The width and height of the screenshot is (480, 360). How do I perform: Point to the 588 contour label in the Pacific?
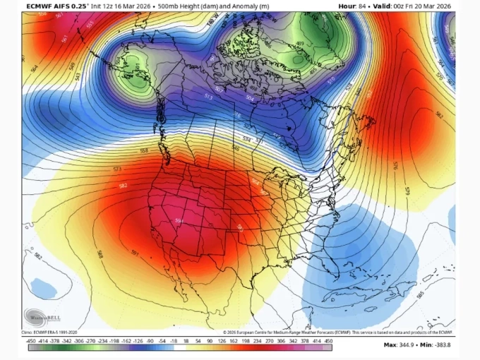[99, 253]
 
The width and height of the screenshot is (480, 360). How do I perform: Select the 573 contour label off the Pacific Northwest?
[117, 169]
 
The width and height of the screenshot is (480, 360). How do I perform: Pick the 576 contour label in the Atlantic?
[396, 167]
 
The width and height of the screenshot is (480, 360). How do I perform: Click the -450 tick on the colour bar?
[31, 341]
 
